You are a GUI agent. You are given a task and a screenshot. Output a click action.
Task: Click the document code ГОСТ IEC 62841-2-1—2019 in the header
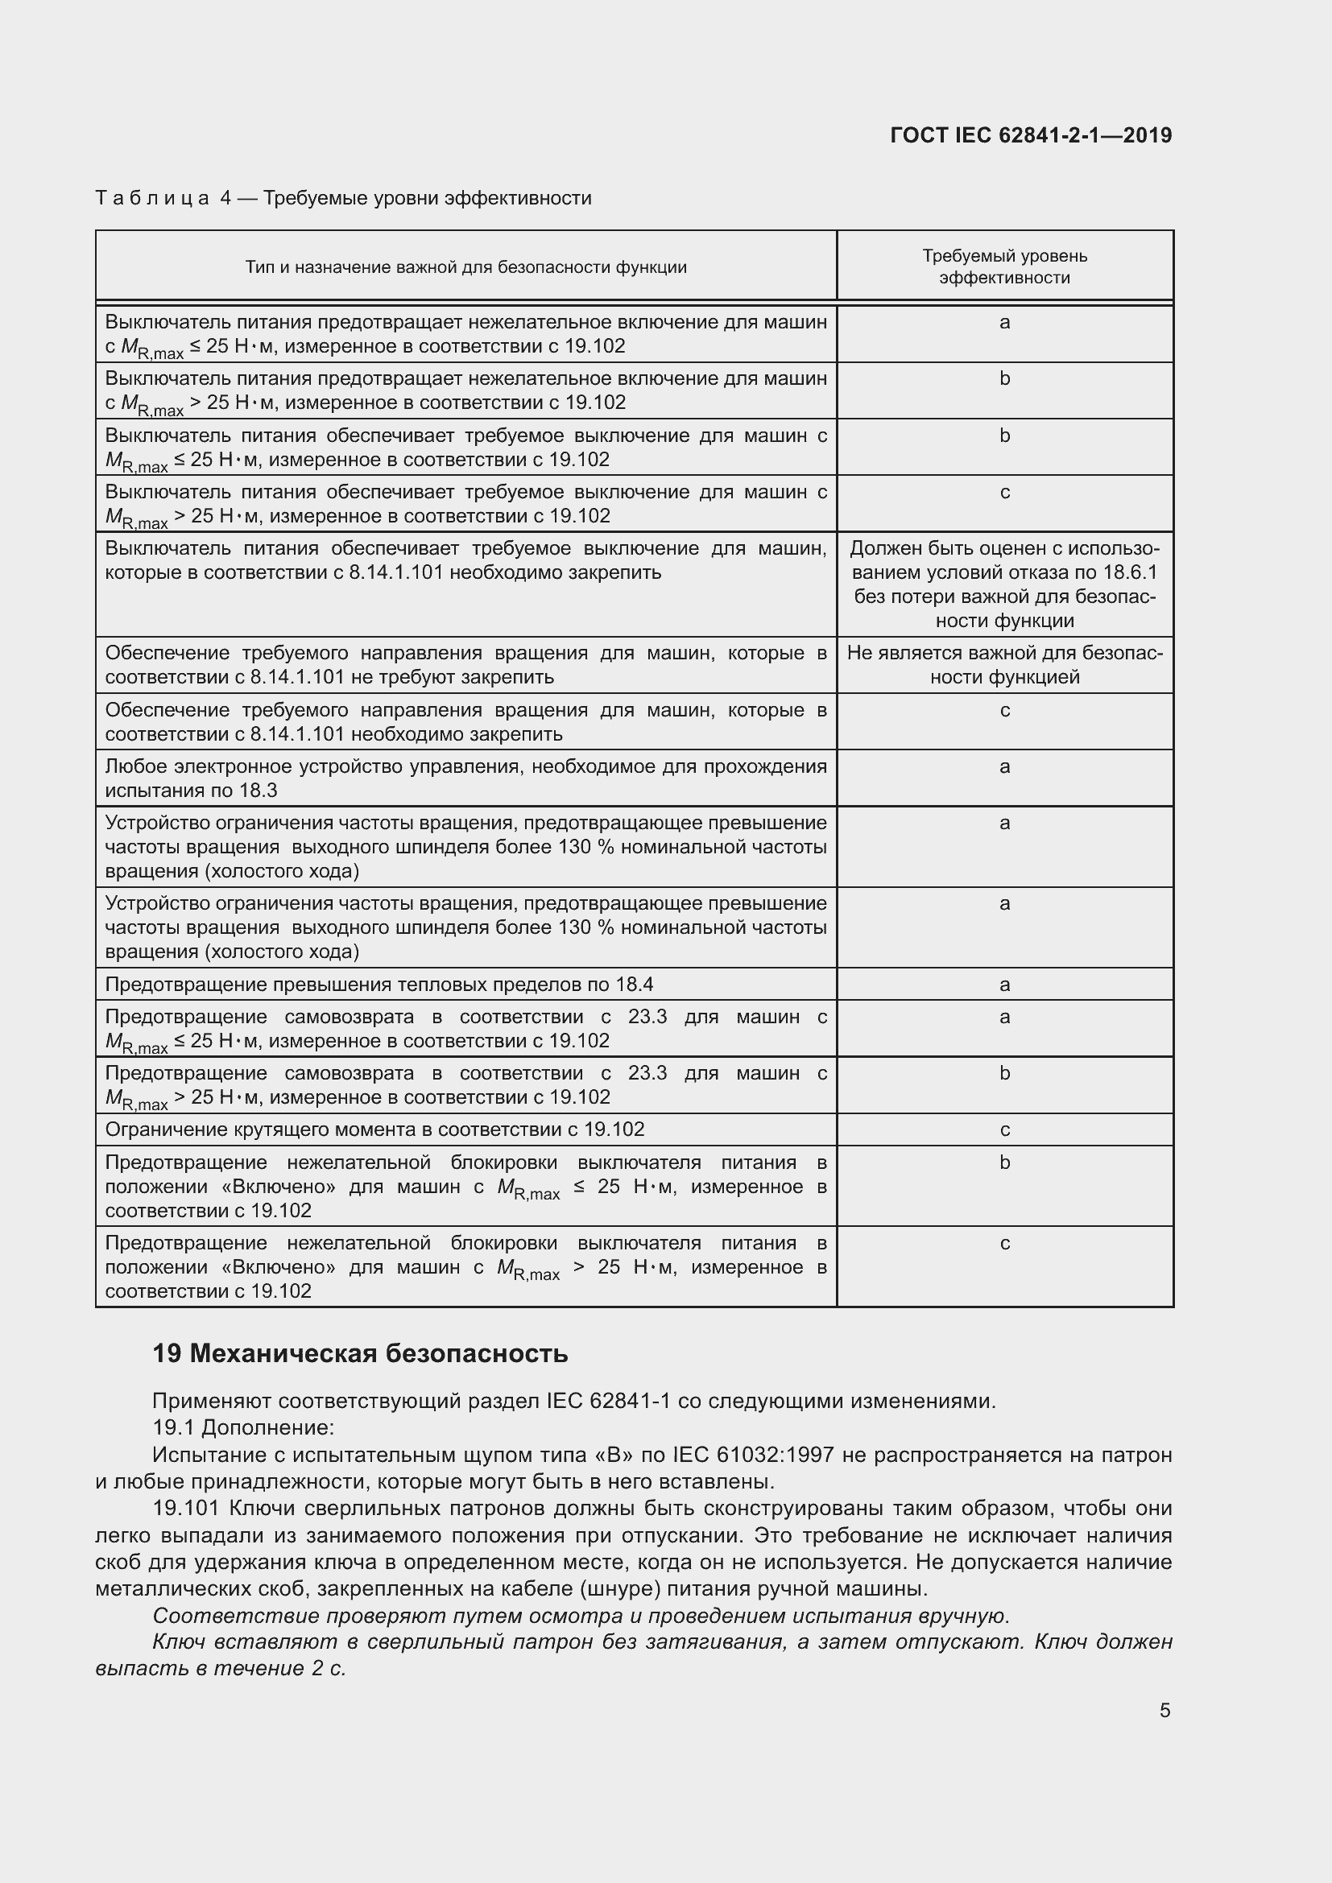1030,135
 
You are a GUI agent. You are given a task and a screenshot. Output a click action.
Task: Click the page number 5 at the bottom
1164,1710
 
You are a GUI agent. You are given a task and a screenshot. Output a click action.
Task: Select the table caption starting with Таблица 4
343,199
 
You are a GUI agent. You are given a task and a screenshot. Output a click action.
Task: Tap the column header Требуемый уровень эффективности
1004,266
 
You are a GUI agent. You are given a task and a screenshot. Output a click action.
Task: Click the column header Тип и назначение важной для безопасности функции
465,267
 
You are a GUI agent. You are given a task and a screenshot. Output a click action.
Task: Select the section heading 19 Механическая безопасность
360,1353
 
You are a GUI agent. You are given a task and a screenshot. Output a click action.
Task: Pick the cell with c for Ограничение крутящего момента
1004,1130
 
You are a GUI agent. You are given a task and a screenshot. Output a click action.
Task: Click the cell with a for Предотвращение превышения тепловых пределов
1004,984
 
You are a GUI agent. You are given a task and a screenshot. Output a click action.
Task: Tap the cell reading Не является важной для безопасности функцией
1004,665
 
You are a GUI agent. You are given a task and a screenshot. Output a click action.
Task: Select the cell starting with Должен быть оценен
1004,584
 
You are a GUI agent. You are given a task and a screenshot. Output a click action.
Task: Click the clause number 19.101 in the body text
185,1508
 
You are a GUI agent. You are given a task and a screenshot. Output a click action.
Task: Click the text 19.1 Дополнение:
242,1428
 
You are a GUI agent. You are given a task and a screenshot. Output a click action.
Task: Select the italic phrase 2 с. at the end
327,1669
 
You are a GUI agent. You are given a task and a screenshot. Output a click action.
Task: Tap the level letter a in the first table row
1004,322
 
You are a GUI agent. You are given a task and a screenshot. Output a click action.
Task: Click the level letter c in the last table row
1004,1243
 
